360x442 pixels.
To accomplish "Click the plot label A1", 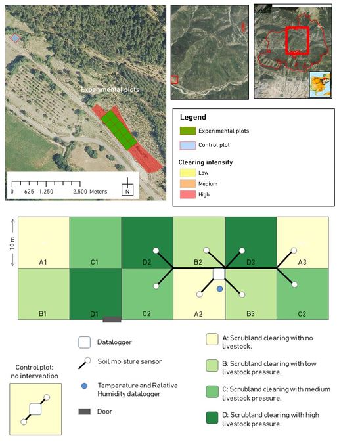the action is tap(43, 263).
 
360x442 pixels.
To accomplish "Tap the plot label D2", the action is tap(146, 263).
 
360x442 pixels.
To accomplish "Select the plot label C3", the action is tap(302, 314).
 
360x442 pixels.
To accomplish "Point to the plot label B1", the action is tap(43, 313).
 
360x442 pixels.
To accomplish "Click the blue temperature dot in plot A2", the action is tap(219, 289).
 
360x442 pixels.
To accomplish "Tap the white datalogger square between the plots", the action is tap(219, 274).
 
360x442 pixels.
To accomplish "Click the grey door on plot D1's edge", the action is tap(112, 319).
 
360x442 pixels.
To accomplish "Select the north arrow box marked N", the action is tap(127, 190).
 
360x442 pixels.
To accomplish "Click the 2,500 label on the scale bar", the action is tap(80, 192).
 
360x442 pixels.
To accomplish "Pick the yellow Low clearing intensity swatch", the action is tap(188, 173).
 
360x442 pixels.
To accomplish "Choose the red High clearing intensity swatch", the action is tap(188, 194).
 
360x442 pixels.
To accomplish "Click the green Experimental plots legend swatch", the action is tap(188, 131).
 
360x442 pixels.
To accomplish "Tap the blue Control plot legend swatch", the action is tap(188, 145).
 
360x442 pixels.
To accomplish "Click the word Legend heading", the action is tap(193, 117).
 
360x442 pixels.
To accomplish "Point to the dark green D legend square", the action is tap(212, 418).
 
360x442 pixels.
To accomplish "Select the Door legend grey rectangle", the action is tap(84, 412).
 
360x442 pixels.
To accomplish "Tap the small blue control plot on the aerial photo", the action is tap(15, 38).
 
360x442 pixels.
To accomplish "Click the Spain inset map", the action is tap(320, 85).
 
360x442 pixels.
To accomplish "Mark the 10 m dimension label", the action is tap(12, 243).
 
